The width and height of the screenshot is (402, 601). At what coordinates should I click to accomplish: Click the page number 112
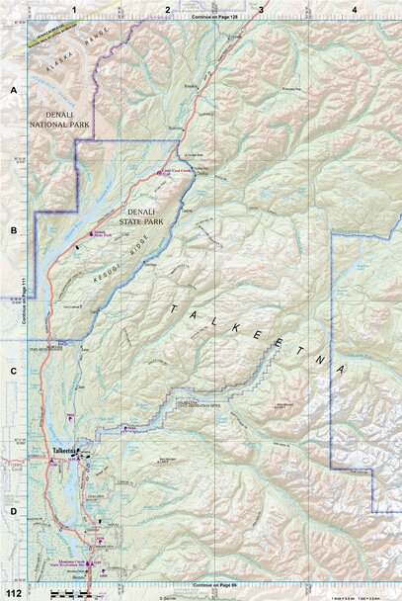click(x=13, y=593)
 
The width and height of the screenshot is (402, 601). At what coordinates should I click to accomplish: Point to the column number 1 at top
click(x=73, y=8)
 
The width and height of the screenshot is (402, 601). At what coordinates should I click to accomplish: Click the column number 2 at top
click(x=168, y=8)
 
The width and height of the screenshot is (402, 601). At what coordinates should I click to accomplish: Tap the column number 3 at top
click(x=261, y=8)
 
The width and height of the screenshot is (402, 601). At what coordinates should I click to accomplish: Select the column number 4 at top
click(x=354, y=8)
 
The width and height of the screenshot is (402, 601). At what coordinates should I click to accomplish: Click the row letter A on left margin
click(x=14, y=90)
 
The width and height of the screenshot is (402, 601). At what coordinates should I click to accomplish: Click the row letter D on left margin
click(x=14, y=511)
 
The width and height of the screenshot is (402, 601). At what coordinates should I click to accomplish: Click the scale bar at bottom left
click(x=63, y=593)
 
